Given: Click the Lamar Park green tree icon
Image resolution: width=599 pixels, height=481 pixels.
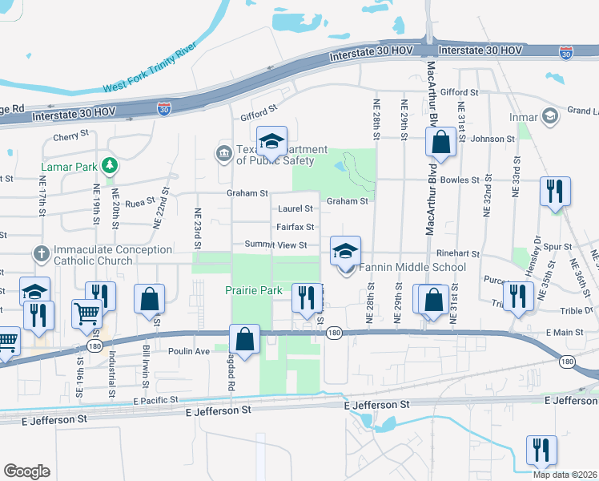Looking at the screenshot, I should tap(110, 167).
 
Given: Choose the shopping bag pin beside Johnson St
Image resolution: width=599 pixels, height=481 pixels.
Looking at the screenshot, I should tap(440, 143).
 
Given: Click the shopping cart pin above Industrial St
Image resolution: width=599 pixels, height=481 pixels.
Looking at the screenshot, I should tap(87, 312).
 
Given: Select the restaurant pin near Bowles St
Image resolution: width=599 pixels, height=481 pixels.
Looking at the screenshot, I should tap(554, 192).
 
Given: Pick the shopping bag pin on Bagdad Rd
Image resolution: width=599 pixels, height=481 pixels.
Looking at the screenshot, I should tap(245, 338).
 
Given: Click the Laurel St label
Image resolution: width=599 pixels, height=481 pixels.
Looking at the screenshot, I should tap(294, 208).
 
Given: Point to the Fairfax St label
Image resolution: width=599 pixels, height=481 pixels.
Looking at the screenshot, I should tap(294, 227).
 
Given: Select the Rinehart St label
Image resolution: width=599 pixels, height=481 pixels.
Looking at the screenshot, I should tap(459, 253).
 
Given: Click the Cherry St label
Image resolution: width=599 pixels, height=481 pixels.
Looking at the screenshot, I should tap(70, 137).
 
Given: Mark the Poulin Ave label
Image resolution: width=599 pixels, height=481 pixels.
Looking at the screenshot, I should tap(188, 351).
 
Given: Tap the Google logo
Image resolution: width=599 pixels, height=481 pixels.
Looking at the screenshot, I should tap(26, 471).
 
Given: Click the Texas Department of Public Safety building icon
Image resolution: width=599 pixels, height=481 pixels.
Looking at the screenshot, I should tap(223, 152).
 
